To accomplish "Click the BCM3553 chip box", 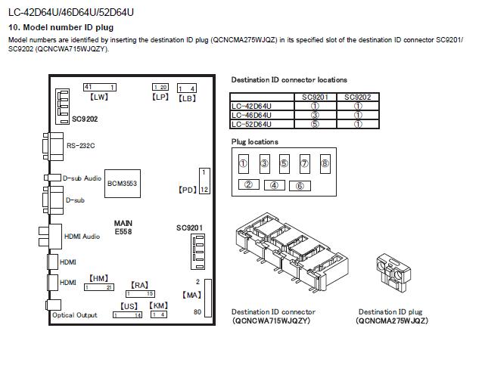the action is click(123, 184).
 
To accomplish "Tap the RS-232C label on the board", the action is click(80, 146).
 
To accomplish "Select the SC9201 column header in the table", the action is click(315, 97).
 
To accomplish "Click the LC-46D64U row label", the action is click(251, 115).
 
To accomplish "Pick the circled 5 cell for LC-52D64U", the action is click(315, 124).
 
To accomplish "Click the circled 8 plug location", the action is click(325, 164).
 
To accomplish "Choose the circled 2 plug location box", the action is click(249, 184).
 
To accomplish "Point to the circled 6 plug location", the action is click(300, 186).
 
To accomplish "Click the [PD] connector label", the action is click(187, 190).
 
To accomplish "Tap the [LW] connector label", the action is click(99, 97).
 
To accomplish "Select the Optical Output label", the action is click(74, 315).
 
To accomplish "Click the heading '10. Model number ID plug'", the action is click(61, 27).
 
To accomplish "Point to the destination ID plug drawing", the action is click(393, 272).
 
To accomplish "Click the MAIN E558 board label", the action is click(123, 227).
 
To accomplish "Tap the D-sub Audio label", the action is click(82, 178).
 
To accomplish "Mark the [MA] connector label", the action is click(191, 295).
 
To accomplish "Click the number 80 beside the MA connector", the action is click(197, 312).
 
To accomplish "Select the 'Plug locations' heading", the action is click(255, 142).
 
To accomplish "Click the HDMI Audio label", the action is click(82, 236).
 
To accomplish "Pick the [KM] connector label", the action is click(159, 305).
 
